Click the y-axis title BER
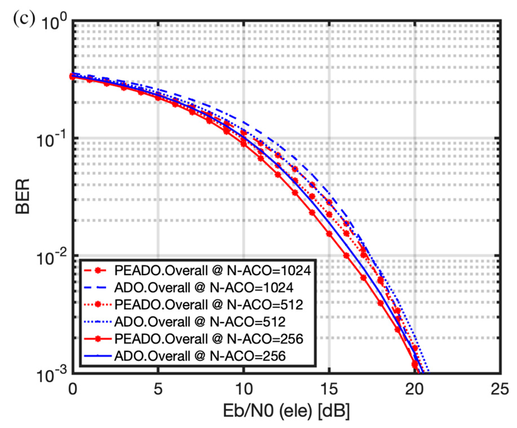click(23, 196)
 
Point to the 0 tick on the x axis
click(73, 389)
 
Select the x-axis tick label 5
click(158, 389)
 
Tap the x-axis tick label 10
click(244, 389)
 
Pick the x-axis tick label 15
click(329, 389)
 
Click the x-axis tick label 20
click(414, 389)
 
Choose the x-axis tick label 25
click(500, 389)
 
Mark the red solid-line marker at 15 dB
click(329, 234)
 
